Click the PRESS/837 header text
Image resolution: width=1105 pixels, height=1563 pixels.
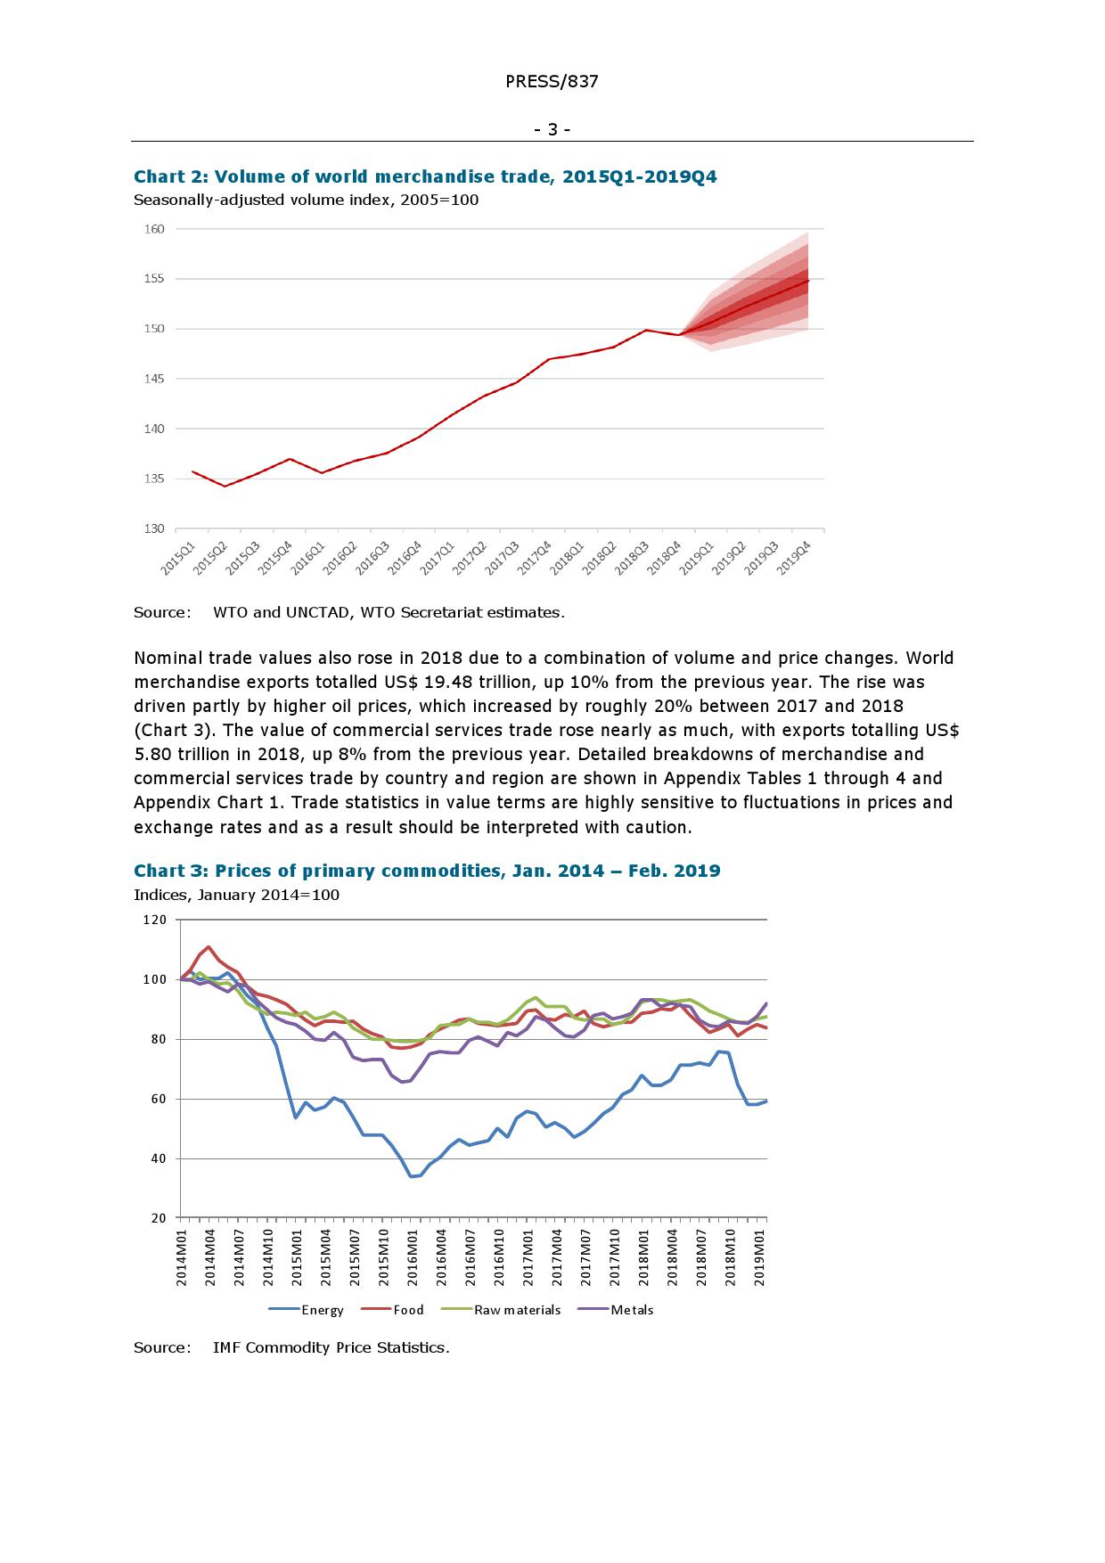[552, 82]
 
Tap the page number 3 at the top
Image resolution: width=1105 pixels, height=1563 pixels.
[552, 130]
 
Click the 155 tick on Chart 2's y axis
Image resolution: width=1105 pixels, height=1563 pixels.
[154, 279]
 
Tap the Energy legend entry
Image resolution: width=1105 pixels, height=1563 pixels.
[322, 1310]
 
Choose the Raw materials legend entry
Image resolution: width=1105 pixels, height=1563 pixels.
[517, 1310]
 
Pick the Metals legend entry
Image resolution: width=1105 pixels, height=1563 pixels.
[632, 1310]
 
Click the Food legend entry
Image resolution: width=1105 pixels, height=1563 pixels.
[408, 1310]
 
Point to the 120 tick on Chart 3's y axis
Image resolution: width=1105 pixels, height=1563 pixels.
[154, 920]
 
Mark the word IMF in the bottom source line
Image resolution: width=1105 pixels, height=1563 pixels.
[226, 1347]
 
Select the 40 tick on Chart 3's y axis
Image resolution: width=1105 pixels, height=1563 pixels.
[159, 1158]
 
